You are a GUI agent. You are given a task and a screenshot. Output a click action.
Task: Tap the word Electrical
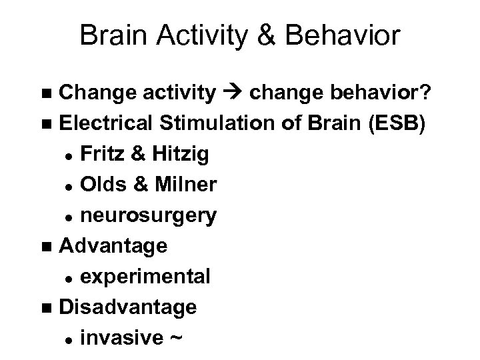point(109,123)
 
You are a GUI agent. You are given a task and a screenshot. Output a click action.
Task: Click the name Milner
point(185,185)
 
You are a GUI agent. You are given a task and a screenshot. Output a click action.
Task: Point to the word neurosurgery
point(147,215)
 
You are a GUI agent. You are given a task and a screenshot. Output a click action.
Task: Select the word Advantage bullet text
point(113,246)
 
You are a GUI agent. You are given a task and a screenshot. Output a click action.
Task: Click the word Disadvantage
point(127,307)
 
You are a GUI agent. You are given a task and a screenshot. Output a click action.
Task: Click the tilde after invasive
point(175,338)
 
